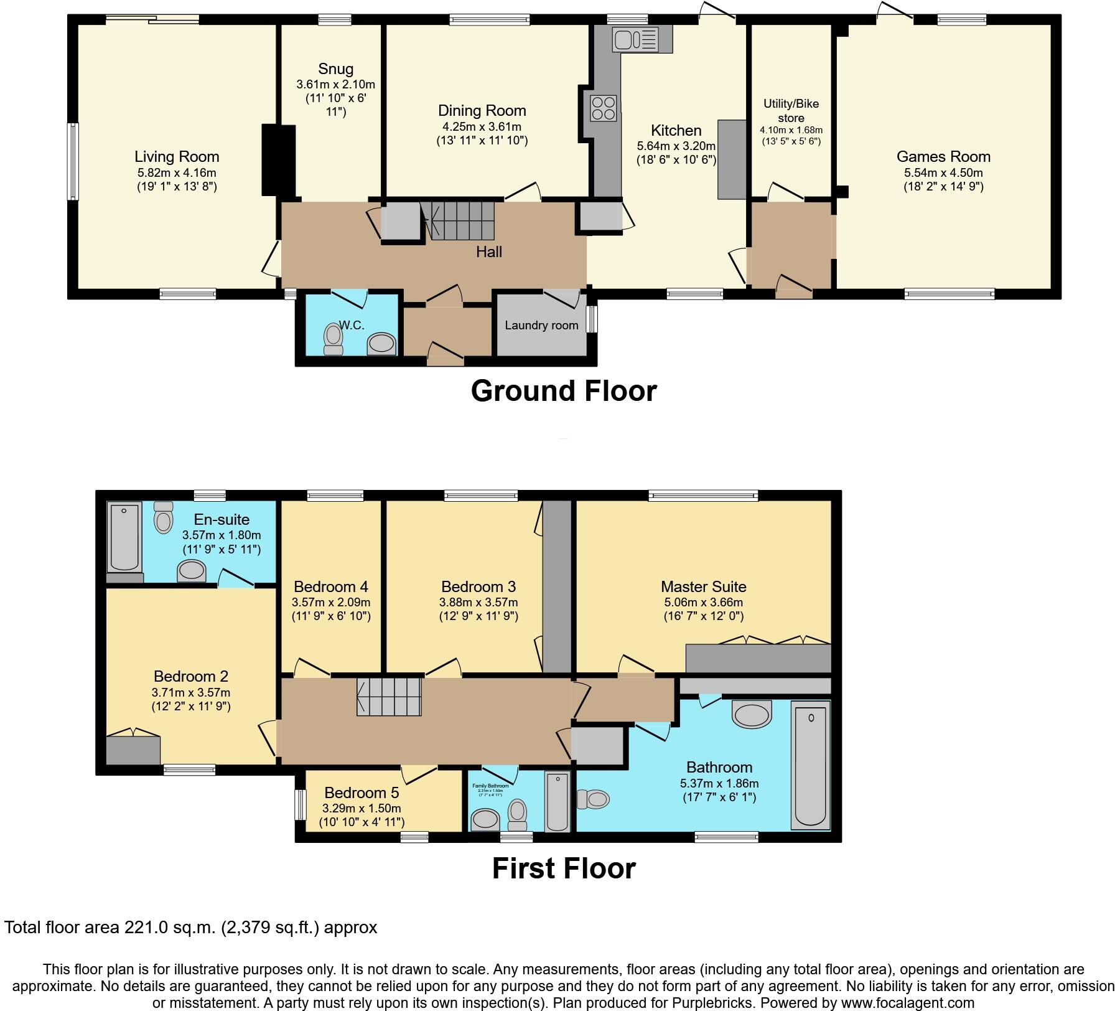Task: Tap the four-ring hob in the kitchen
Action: coord(603,108)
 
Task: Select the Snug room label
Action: coord(335,69)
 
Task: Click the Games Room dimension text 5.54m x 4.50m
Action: coord(943,172)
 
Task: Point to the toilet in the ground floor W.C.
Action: coord(334,339)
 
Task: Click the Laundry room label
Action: coord(541,325)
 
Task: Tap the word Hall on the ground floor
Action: coord(489,252)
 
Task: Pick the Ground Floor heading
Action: coord(564,391)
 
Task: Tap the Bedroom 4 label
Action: coord(330,586)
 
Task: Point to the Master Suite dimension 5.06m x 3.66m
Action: coord(703,602)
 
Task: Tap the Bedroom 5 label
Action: coord(361,792)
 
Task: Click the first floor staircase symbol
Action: coord(390,697)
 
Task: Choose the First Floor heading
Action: coord(564,868)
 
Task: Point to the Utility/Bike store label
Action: coord(791,110)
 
